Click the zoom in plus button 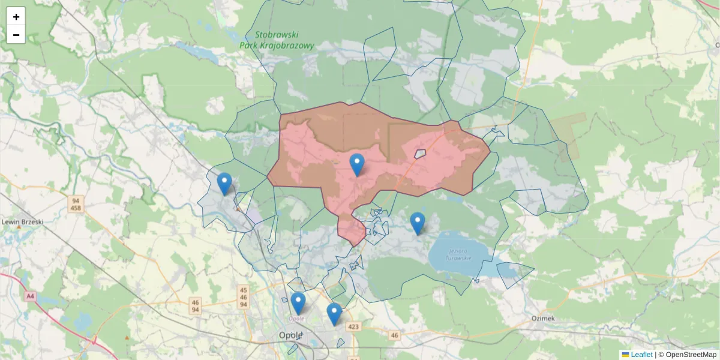click(16, 17)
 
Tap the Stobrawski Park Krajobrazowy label click(277, 40)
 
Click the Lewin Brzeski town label click(22, 221)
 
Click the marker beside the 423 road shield click(334, 314)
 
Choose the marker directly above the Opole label click(298, 303)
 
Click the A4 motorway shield click(30, 296)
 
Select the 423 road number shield click(353, 327)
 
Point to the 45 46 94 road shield click(243, 297)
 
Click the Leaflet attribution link click(641, 355)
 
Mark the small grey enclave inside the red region click(419, 154)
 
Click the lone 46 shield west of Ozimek click(394, 335)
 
